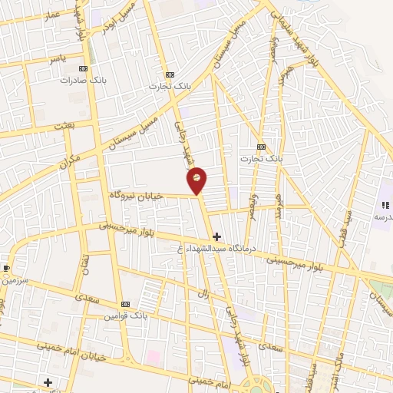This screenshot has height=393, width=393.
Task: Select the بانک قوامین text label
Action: pos(127,315)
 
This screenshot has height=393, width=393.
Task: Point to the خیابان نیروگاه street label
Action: pos(137,196)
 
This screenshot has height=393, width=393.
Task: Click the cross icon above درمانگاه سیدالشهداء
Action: pos(217,236)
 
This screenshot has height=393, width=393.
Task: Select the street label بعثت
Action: pos(63,125)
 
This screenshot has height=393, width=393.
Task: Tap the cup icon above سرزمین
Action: pos(7,268)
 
